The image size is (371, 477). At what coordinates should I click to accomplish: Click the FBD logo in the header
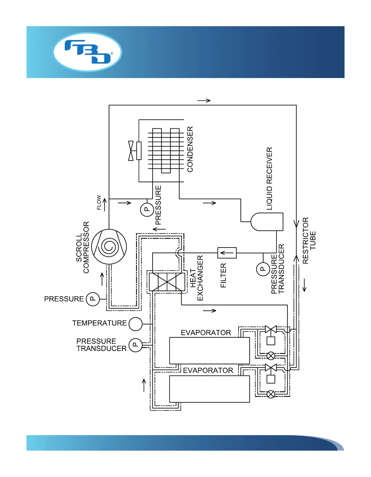[x=87, y=52]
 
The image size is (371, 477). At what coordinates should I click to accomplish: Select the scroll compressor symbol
[x=109, y=247]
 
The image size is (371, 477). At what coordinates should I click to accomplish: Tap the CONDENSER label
[x=190, y=149]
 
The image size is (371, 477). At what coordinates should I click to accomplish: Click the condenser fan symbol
[x=131, y=151]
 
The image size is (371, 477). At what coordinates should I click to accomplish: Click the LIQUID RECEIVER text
[x=269, y=179]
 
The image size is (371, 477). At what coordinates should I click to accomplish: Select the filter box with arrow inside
[x=227, y=253]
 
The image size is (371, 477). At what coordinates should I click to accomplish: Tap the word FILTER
[x=223, y=275]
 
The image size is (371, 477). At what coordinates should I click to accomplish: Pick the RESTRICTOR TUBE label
[x=309, y=241]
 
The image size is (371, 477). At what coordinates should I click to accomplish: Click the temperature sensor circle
[x=135, y=324]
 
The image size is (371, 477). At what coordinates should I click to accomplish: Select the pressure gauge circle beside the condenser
[x=147, y=210]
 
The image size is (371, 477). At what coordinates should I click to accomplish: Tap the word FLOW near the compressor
[x=99, y=203]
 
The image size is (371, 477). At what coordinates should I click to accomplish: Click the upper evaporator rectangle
[x=209, y=350]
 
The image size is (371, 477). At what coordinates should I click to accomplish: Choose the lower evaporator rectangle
[x=209, y=389]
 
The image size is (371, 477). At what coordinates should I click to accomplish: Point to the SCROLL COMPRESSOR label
[x=82, y=247]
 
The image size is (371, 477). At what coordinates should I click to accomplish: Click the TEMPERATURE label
[x=100, y=323]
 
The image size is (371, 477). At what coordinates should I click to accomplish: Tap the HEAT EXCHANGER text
[x=196, y=278]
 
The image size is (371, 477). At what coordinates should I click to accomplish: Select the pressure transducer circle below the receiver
[x=263, y=269]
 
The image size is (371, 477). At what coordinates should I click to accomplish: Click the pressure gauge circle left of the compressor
[x=93, y=299]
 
